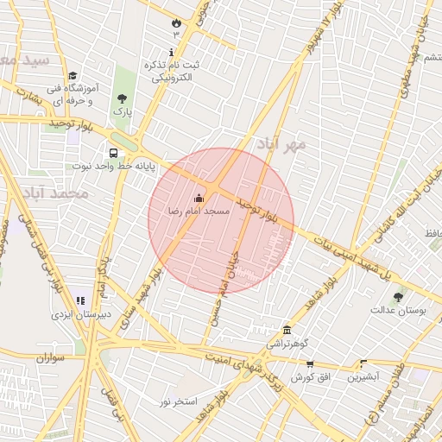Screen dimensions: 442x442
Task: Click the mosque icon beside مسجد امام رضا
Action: click(199, 198)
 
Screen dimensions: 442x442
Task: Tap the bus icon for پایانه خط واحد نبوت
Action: click(115, 154)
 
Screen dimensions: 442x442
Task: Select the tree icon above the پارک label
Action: click(121, 98)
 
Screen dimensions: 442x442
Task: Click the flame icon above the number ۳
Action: click(177, 22)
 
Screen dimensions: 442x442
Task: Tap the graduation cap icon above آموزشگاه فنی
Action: click(73, 75)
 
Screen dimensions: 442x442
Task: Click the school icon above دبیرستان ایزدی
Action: click(80, 301)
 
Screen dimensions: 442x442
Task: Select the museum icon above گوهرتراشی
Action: click(287, 330)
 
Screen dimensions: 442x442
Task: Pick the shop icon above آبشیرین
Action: click(363, 364)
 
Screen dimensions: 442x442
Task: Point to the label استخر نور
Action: click(179, 401)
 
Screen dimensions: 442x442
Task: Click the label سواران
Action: click(52, 357)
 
